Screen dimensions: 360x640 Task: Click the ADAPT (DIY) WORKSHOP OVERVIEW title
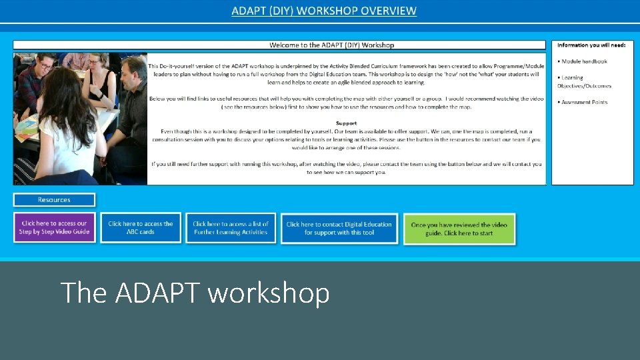[324, 11]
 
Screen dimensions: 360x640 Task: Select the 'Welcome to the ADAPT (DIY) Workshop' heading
[331, 45]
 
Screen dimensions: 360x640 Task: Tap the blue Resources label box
[54, 200]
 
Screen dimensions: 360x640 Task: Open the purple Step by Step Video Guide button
[54, 227]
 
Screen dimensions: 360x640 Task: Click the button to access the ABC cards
[141, 227]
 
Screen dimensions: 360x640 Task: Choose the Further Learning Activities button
[231, 228]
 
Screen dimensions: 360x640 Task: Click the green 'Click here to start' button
[459, 229]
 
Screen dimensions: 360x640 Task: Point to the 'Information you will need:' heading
[591, 45]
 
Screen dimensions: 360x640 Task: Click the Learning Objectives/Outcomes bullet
[584, 82]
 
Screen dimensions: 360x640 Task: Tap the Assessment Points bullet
[584, 102]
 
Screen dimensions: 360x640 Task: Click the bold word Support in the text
[346, 123]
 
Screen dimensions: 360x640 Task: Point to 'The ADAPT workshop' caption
[195, 293]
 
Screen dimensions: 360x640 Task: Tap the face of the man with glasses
[45, 67]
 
